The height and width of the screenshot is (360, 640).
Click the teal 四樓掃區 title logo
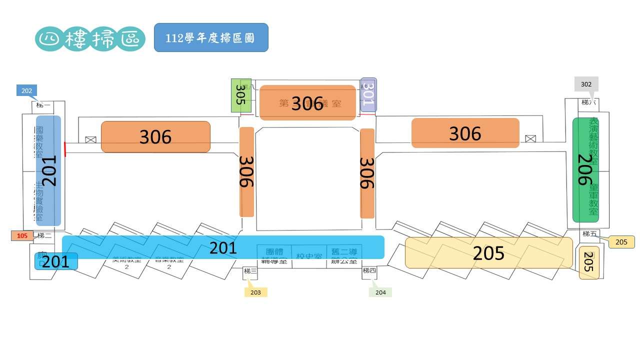click(x=90, y=38)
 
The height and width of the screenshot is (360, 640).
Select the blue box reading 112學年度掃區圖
click(x=211, y=37)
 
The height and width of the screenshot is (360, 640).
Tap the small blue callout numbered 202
click(x=26, y=90)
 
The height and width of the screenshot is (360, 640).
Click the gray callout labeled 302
click(x=586, y=84)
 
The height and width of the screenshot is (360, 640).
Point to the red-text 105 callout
click(x=22, y=235)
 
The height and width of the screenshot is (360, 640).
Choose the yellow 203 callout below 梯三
click(x=255, y=292)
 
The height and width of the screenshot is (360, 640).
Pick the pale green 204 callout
click(x=380, y=292)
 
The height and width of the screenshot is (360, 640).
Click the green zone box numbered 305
click(x=240, y=95)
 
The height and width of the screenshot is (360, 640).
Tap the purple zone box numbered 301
click(x=368, y=95)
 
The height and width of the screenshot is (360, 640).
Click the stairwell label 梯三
click(x=250, y=271)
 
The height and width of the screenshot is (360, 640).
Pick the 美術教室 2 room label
click(x=126, y=263)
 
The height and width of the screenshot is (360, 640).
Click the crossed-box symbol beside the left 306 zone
click(x=90, y=140)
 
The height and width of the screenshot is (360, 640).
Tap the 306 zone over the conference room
click(x=307, y=102)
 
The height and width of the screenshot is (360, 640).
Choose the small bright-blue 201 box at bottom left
click(x=56, y=261)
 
